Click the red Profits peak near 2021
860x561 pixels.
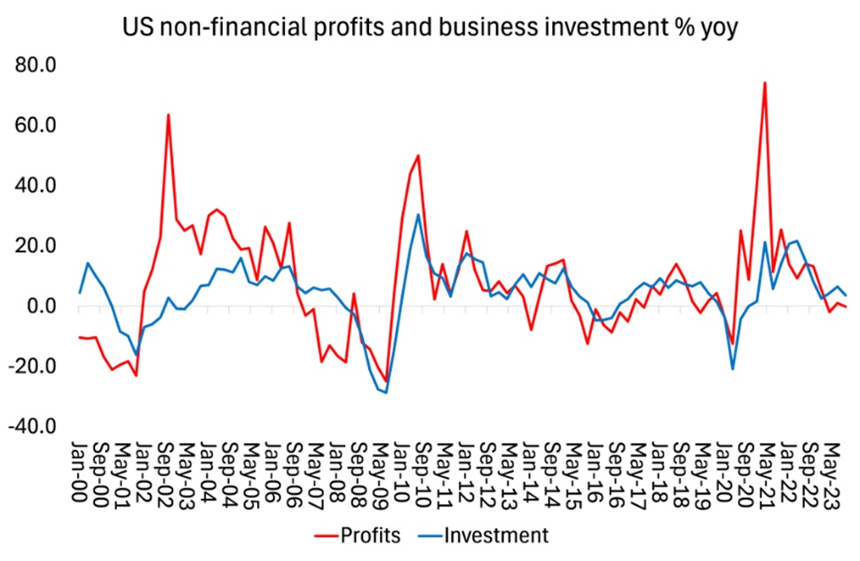point(764,83)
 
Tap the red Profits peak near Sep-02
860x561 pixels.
point(168,115)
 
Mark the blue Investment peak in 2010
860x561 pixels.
point(418,215)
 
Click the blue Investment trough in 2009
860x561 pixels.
point(386,392)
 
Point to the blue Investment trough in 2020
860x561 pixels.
point(733,368)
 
